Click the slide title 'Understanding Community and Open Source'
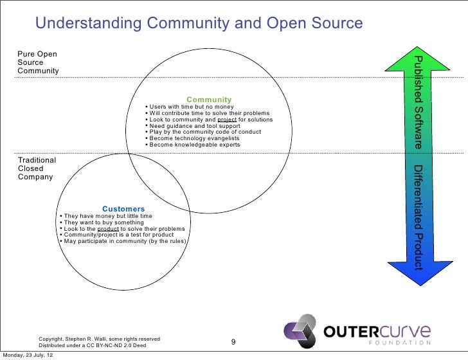(199, 24)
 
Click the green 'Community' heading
(209, 100)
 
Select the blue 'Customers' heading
(123, 209)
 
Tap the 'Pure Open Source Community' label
(38, 62)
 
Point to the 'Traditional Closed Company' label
(37, 168)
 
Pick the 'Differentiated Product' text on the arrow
(418, 217)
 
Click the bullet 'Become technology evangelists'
(193, 138)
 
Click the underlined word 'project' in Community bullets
(228, 120)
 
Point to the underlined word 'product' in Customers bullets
(108, 229)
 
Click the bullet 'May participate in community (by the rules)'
(122, 241)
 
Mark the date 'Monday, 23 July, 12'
(28, 355)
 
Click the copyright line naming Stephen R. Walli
(100, 338)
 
